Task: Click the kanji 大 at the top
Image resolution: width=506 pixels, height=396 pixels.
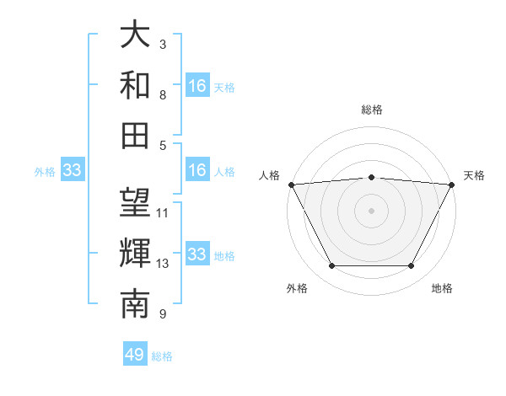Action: (x=135, y=35)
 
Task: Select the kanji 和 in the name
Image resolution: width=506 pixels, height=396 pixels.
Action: (x=135, y=84)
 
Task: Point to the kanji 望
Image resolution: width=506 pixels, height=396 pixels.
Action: (x=135, y=203)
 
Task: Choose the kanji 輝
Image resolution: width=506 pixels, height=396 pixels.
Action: (x=135, y=253)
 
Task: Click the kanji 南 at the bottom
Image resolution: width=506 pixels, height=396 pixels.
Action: (x=135, y=303)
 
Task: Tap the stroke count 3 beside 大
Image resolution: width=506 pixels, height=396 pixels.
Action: (x=162, y=44)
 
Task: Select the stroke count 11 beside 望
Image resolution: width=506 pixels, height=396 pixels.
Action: (x=163, y=212)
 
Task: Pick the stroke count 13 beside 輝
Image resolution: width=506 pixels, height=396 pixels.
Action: (x=163, y=264)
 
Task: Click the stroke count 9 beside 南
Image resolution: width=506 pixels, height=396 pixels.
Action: (x=162, y=314)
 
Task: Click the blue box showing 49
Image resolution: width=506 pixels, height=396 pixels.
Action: (x=135, y=355)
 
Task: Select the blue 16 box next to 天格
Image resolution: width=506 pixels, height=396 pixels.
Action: (x=197, y=86)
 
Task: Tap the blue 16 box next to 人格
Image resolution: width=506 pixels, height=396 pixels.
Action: (x=197, y=171)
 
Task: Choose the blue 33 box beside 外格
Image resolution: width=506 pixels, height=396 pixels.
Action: (x=72, y=171)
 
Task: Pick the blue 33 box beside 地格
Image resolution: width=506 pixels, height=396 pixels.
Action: (x=197, y=254)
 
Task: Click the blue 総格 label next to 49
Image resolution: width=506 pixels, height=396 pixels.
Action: (x=162, y=356)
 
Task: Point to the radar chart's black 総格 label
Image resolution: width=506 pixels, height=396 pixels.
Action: (x=371, y=110)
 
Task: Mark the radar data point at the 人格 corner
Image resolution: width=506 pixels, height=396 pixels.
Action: (x=291, y=184)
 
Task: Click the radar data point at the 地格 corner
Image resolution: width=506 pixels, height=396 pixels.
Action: (x=411, y=266)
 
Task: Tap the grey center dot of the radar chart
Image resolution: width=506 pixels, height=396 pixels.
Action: (x=371, y=210)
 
